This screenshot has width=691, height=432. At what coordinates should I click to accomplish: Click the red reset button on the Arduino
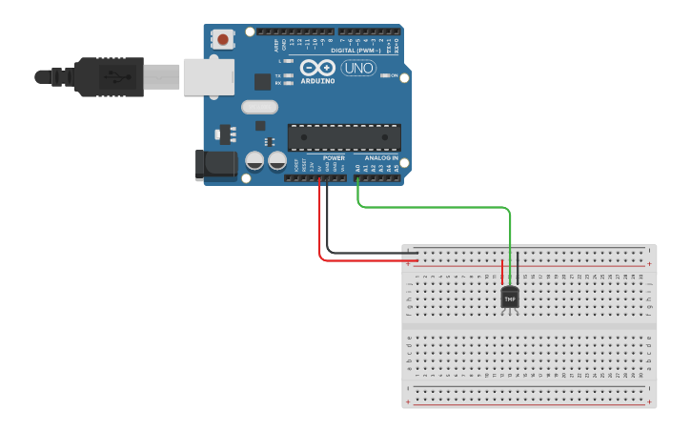[x=223, y=40]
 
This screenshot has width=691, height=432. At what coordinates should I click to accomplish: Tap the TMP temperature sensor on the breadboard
[x=510, y=298]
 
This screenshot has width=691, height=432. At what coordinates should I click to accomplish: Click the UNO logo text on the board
[x=358, y=69]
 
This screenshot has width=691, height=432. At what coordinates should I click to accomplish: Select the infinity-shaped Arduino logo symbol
[x=317, y=68]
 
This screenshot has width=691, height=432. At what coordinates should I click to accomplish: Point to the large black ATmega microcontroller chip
[x=344, y=137]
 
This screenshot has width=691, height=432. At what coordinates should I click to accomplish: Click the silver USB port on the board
[x=209, y=76]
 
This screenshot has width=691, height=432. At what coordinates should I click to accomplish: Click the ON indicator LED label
[x=394, y=75]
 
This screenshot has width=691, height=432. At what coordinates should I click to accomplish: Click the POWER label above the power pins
[x=334, y=158]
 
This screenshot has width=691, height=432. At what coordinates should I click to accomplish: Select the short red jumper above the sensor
[x=502, y=271]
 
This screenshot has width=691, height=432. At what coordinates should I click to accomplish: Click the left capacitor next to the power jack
[x=255, y=161]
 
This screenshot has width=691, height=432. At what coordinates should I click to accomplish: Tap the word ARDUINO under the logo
[x=317, y=81]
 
